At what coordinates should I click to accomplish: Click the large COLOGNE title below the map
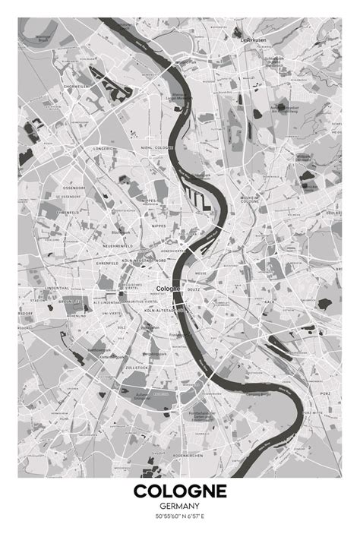point(180,492)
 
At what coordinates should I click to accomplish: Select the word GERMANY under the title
point(180,507)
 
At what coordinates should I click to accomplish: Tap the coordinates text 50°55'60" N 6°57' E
point(180,517)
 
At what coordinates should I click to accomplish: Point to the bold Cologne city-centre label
point(167,289)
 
